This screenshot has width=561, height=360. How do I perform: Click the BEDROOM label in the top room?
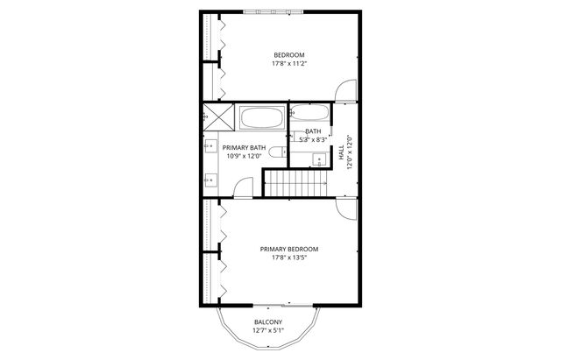click(x=288, y=55)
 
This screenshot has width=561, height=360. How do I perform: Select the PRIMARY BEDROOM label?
click(x=288, y=250)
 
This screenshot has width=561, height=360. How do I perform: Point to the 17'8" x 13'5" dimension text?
click(x=288, y=258)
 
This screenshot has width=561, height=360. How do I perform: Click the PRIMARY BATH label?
click(x=244, y=148)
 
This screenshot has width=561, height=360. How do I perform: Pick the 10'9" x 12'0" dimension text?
click(x=244, y=157)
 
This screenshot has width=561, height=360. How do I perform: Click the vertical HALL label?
click(x=341, y=152)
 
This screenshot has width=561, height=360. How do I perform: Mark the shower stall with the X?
click(x=213, y=115)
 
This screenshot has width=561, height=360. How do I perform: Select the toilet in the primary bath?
click(x=278, y=153)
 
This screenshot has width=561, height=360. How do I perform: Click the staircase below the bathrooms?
click(x=297, y=182)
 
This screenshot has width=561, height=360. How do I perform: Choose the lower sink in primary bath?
click(x=210, y=180)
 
